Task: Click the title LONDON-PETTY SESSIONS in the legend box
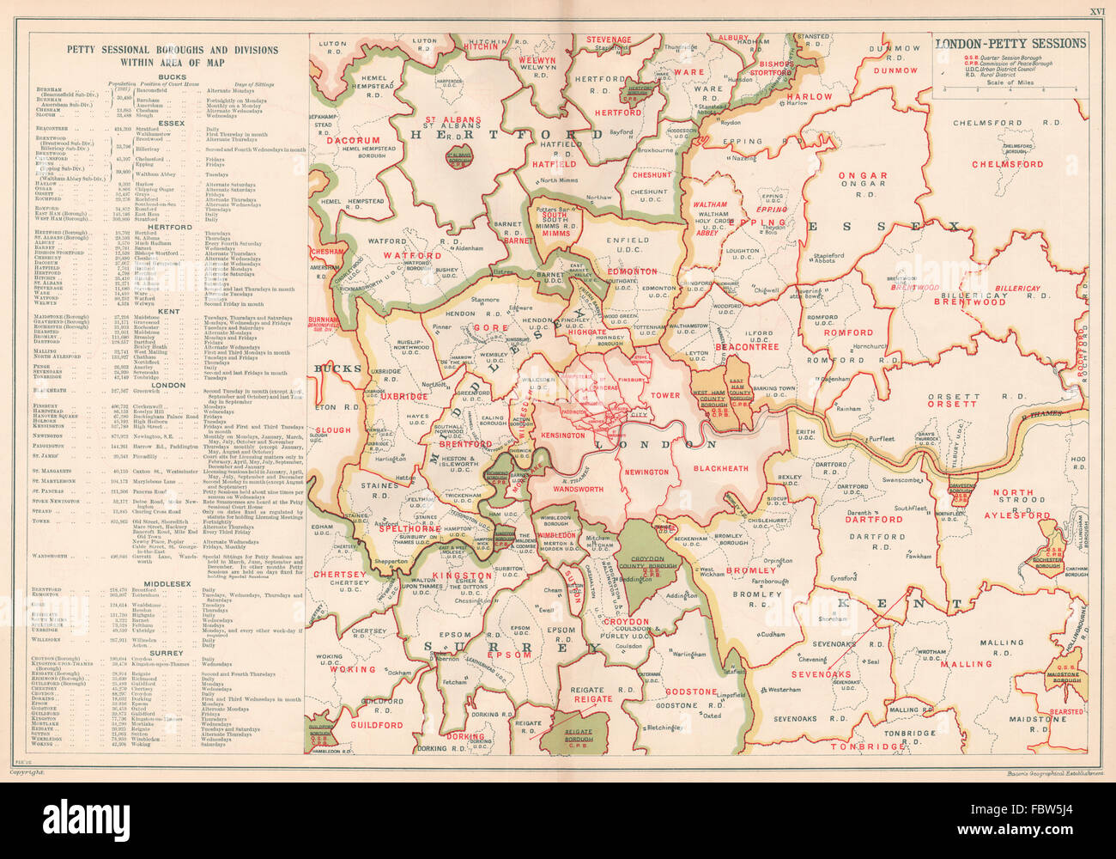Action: click(x=1010, y=43)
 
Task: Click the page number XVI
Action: click(x=1097, y=12)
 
